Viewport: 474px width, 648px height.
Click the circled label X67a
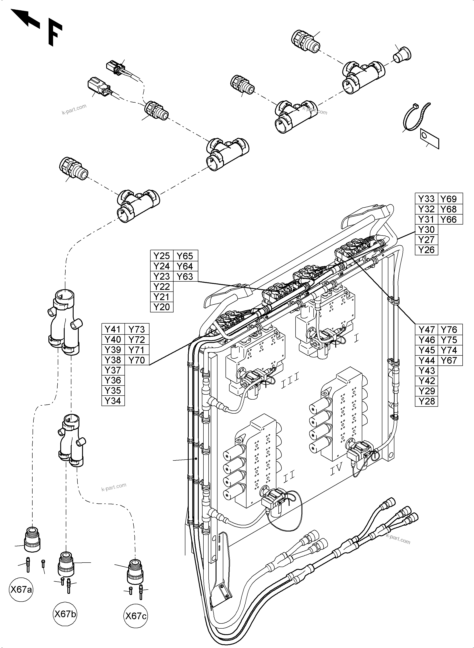pos(21,590)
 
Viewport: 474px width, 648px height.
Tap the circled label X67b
pos(65,614)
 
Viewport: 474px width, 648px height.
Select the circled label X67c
pos(136,616)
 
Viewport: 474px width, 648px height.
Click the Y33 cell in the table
pos(426,199)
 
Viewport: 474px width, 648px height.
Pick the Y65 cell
pos(185,256)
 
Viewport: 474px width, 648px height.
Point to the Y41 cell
pos(113,329)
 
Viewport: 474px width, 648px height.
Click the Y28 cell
pos(426,401)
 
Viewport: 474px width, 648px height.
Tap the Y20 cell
pos(161,307)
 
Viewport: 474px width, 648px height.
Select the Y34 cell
pos(113,401)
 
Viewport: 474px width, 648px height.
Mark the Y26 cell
pos(426,250)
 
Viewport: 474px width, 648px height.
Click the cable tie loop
pos(415,118)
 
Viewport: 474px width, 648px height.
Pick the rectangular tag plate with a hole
pos(430,139)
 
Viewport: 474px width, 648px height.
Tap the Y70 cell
pos(137,360)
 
